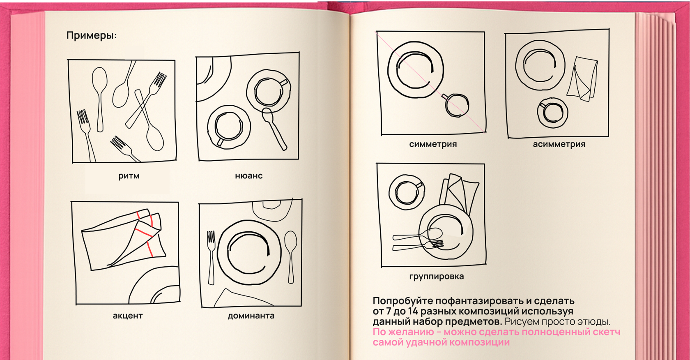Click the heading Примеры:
pos(92,36)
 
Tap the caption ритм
pos(129,176)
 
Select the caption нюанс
pos(248,176)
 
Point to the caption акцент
pos(127,316)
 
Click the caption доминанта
pos(251,316)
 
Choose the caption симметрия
pos(433,144)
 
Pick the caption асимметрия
pos(559,144)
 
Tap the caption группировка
pos(437,277)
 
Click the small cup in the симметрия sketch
pos(456,105)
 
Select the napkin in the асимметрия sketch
pos(582,79)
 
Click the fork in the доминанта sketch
pos(211,257)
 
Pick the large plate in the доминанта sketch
pos(249,252)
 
